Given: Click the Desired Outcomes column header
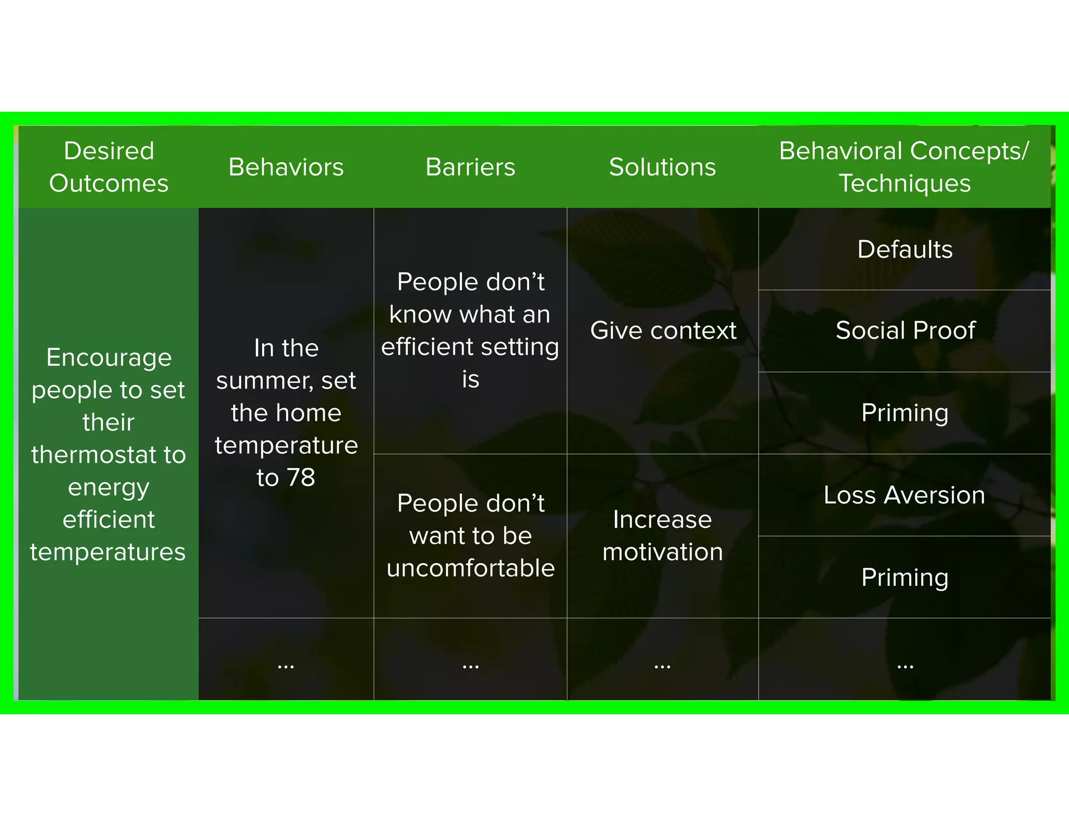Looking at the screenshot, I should click(x=109, y=167).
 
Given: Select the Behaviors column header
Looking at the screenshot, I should click(x=286, y=167).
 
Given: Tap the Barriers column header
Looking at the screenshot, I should click(x=470, y=167).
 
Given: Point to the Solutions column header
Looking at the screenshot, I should click(x=662, y=167).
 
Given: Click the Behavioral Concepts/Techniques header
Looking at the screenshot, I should click(x=904, y=167).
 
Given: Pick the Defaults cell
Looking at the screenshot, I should click(x=905, y=249).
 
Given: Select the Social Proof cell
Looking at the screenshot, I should click(x=905, y=330).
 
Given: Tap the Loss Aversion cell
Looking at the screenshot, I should click(x=904, y=494).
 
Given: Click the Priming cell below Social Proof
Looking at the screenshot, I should click(x=905, y=412).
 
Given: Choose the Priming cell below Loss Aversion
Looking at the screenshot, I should click(x=905, y=577).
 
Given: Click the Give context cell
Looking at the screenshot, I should click(x=663, y=331).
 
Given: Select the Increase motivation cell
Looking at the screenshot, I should click(x=662, y=535).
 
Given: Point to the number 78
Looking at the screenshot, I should click(x=301, y=477).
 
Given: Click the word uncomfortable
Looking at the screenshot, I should click(x=470, y=568).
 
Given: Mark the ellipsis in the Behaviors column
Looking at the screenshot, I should click(x=286, y=666).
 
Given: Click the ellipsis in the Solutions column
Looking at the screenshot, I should click(x=662, y=666).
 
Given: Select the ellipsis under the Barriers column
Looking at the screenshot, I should click(x=470, y=666).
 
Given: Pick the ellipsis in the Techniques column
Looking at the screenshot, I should click(x=905, y=666).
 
